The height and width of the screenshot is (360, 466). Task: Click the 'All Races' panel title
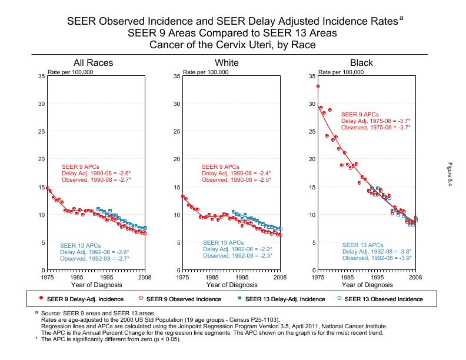[93, 63]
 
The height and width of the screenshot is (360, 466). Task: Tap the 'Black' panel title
[361, 63]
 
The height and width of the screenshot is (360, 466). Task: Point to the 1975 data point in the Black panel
[318, 86]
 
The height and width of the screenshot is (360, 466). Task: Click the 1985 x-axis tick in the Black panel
[348, 276]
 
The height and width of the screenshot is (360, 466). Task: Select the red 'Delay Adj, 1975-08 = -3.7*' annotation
[375, 121]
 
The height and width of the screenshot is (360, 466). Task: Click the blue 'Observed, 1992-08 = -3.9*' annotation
[377, 258]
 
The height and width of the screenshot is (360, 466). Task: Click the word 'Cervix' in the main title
[234, 44]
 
